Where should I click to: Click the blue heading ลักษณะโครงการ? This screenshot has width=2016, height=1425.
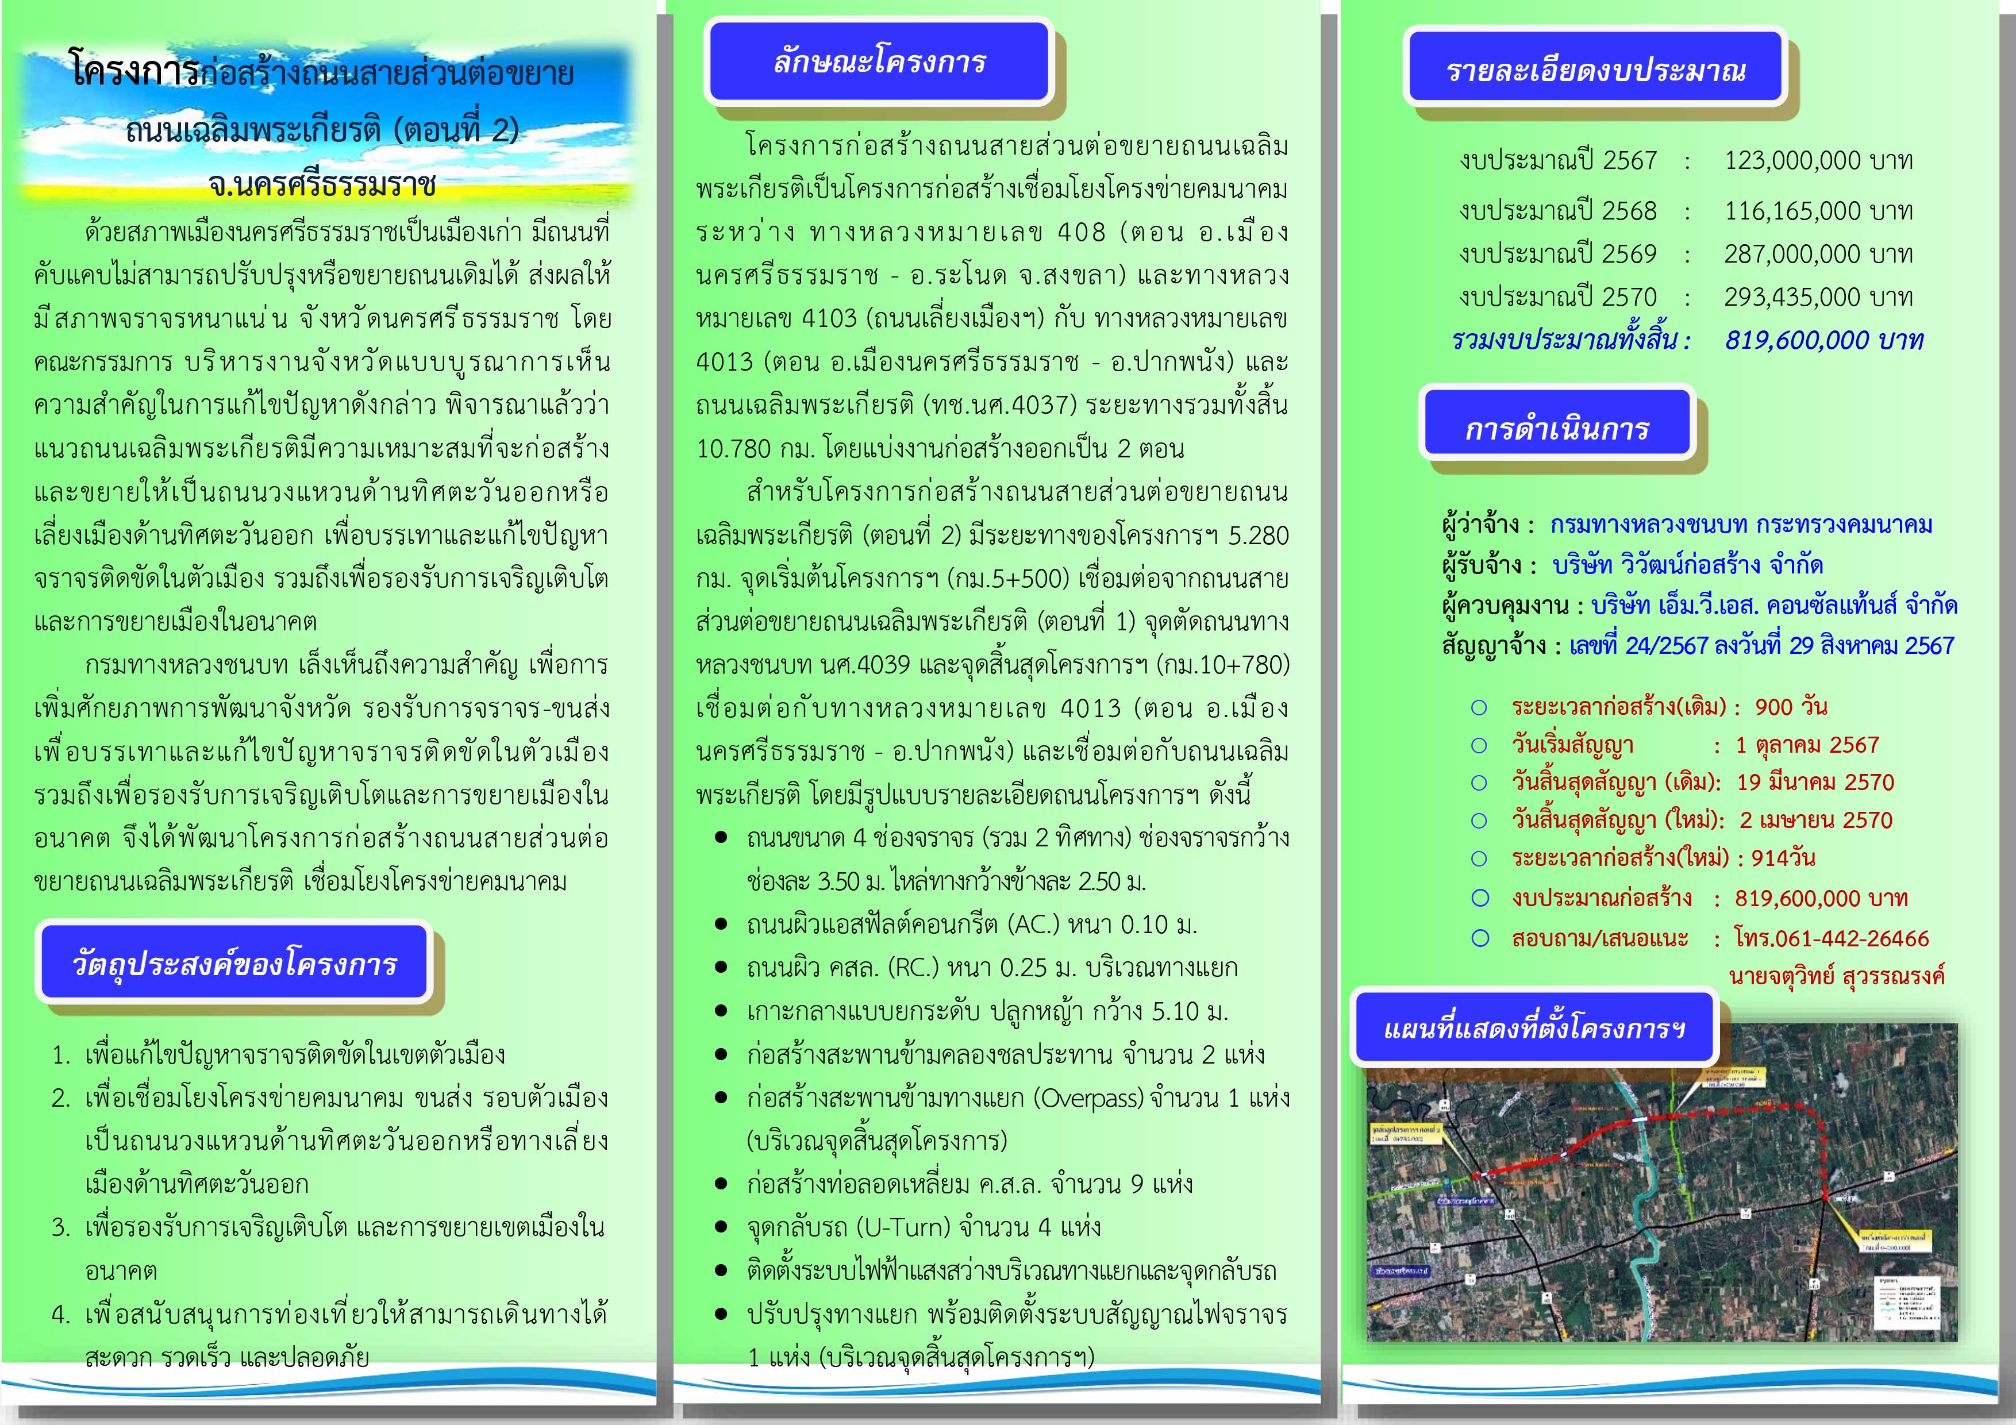879,61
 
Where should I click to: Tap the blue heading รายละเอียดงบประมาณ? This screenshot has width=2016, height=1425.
1595,70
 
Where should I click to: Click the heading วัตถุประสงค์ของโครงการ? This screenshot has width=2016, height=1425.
234,964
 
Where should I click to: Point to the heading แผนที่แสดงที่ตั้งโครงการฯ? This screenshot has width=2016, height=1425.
1534,1028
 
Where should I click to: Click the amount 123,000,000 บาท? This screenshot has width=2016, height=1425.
1818,161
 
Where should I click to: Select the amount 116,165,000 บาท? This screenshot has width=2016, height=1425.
1818,211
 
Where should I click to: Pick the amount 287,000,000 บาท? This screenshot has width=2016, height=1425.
1818,254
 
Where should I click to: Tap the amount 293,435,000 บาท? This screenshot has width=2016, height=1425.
1818,296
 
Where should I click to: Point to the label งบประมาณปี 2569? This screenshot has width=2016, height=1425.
1557,254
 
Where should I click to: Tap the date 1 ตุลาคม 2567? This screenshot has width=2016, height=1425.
1807,745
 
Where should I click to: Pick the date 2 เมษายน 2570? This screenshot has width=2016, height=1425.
1816,820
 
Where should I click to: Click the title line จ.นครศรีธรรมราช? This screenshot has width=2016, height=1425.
322,185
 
